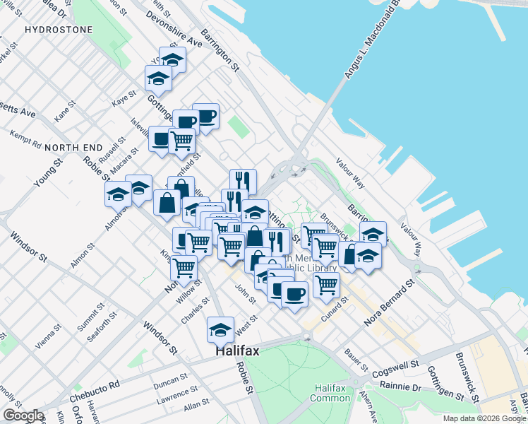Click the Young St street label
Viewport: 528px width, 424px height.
tap(48, 172)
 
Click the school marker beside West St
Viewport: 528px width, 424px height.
tap(220, 329)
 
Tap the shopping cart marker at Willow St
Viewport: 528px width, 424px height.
tap(184, 269)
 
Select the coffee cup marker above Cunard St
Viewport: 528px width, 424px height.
tap(294, 293)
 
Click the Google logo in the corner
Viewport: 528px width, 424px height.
tap(23, 416)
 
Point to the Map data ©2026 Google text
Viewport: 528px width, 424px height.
tap(484, 418)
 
